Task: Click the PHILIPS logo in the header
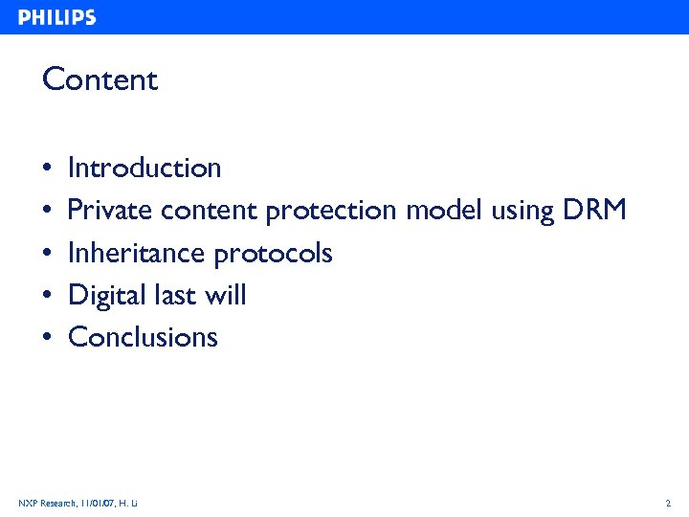click(x=56, y=17)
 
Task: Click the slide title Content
click(x=100, y=79)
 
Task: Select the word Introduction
click(x=144, y=169)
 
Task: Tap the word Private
click(x=111, y=211)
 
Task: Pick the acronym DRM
click(x=594, y=211)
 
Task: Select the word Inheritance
click(x=137, y=253)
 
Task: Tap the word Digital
click(x=107, y=296)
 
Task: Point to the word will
click(x=229, y=295)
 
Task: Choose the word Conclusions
click(x=144, y=337)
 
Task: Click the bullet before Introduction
click(x=47, y=169)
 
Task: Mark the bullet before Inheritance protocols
click(x=47, y=254)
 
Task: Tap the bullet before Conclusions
click(x=47, y=338)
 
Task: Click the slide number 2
click(x=668, y=503)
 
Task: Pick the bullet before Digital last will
click(x=47, y=296)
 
